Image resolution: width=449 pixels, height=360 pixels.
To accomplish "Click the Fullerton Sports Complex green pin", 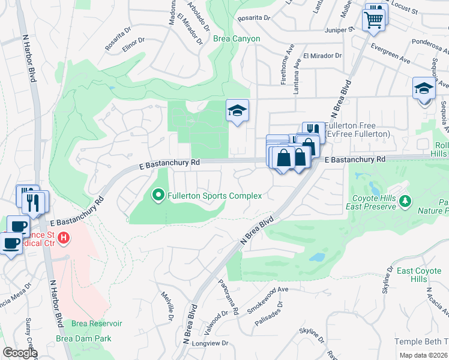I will (x=158, y=194).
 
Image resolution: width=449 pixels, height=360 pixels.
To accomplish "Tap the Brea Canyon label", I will (x=237, y=39).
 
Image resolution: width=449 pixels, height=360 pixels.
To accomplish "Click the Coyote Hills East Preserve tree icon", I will (x=405, y=200).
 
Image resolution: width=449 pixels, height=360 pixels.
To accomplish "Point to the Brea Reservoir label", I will (x=97, y=323).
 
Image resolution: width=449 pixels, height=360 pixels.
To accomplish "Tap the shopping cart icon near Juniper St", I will (x=373, y=20).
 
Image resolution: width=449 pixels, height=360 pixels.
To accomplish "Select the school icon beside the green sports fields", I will (x=237, y=110).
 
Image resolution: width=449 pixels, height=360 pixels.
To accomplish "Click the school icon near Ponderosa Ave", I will (x=423, y=89).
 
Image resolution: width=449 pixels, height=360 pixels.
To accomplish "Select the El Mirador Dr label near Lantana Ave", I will (x=322, y=56).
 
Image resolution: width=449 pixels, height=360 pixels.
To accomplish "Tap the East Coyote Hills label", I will (x=420, y=275).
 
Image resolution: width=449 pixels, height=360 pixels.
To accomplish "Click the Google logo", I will (x=20, y=353).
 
